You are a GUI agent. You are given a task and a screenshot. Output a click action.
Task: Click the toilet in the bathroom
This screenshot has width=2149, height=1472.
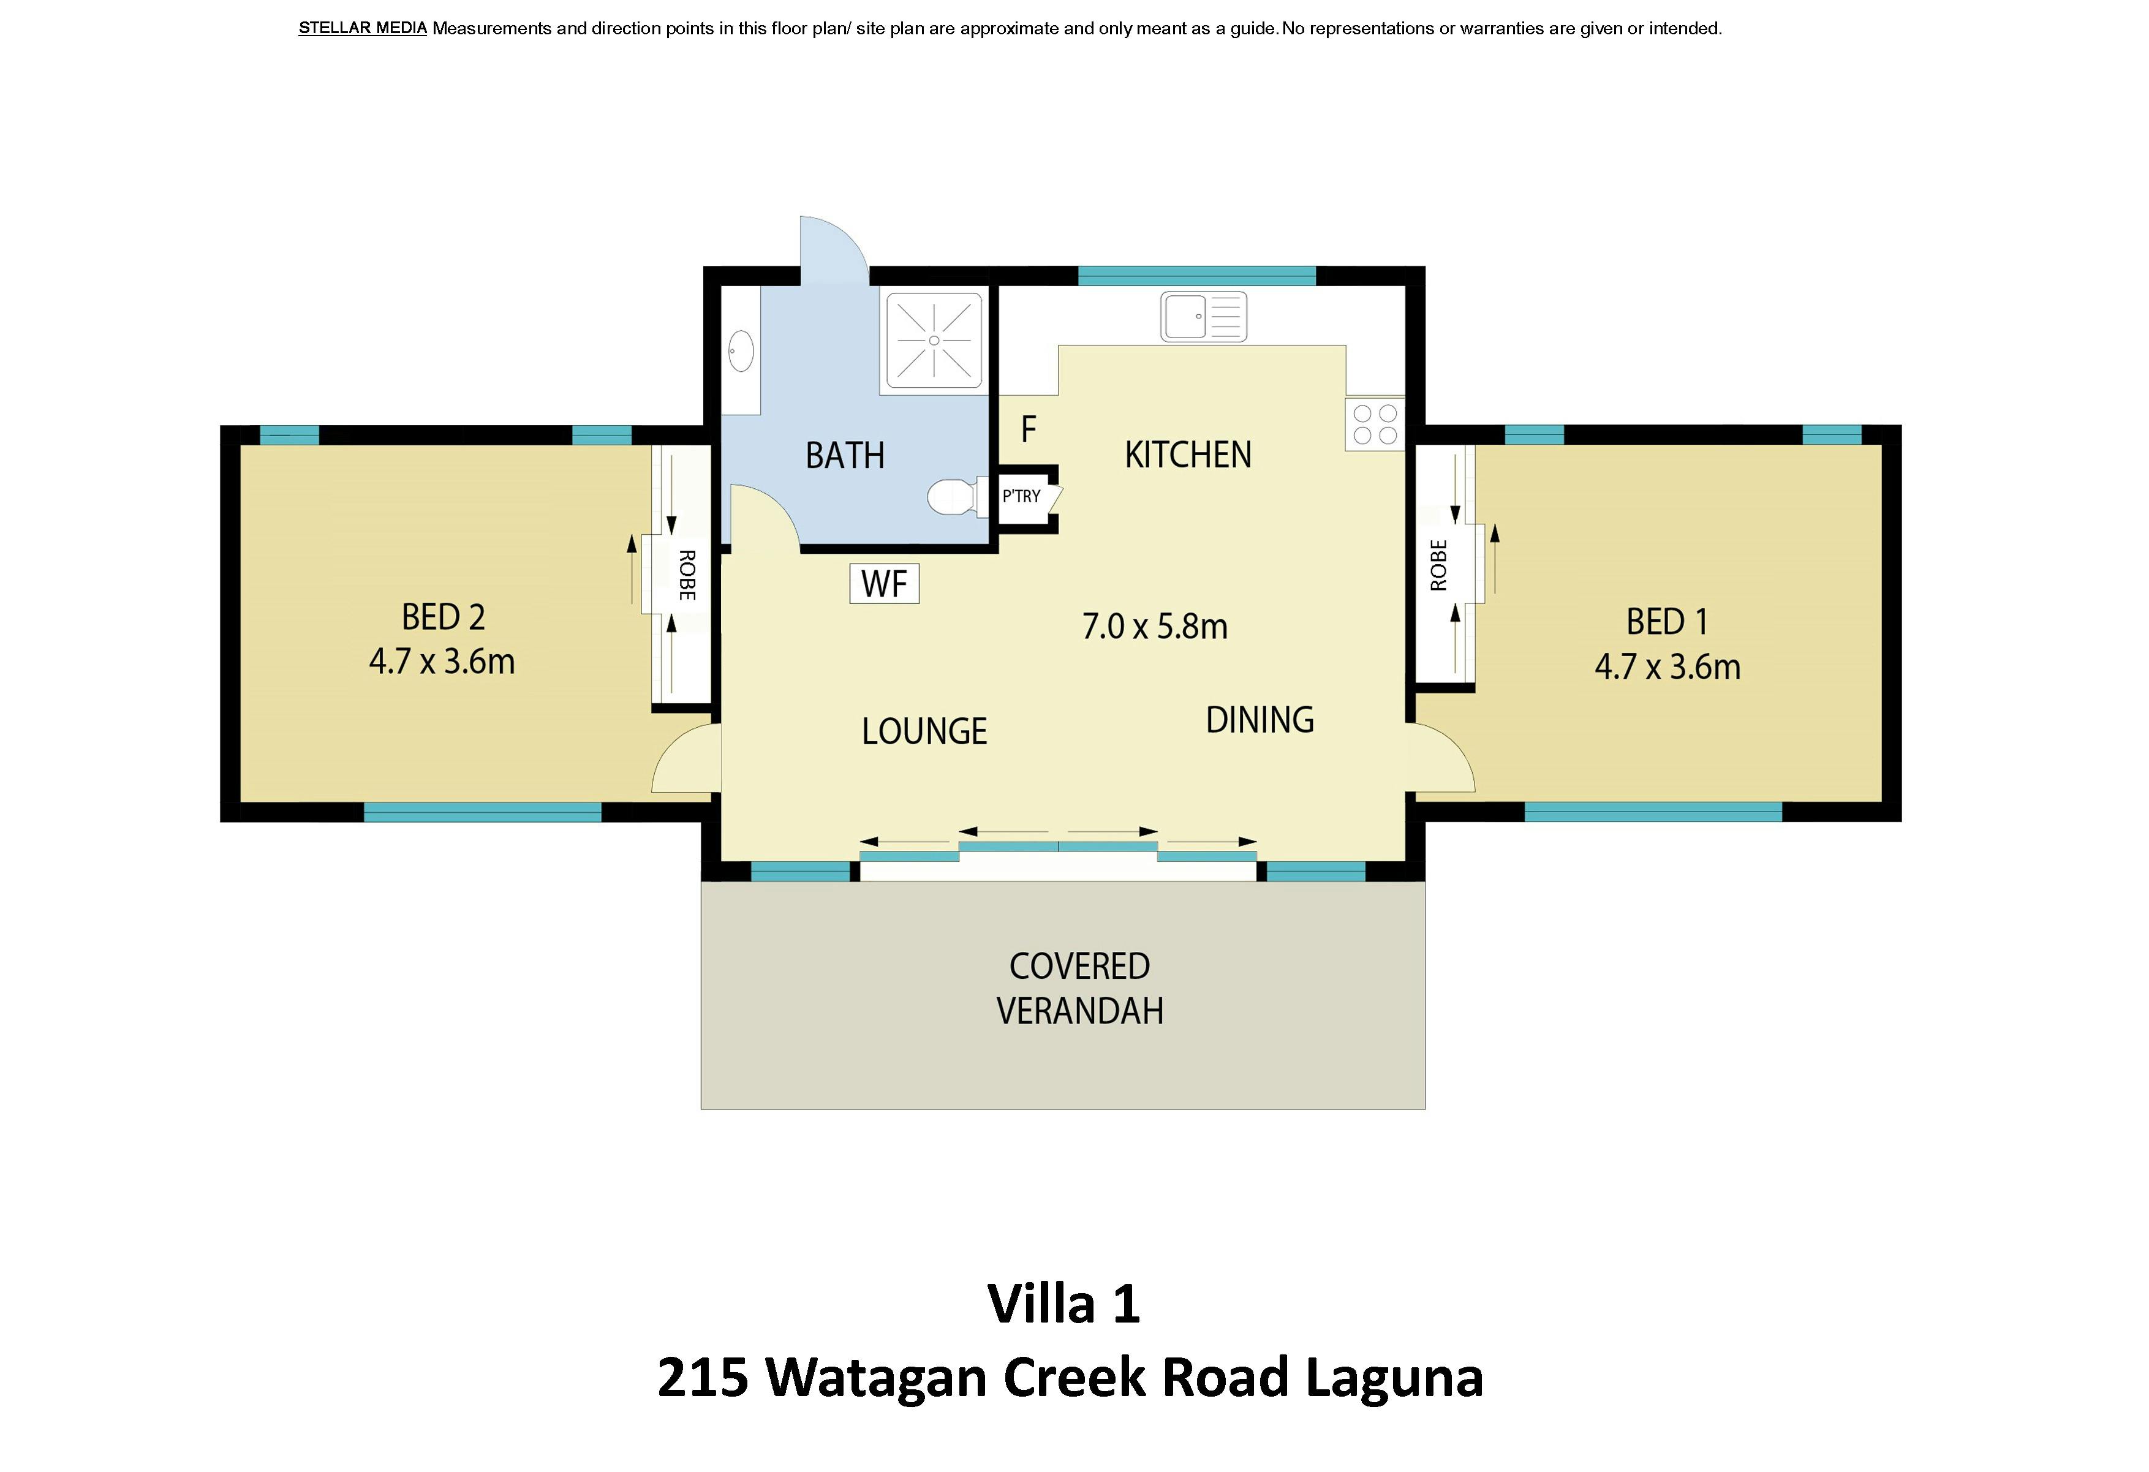(953, 497)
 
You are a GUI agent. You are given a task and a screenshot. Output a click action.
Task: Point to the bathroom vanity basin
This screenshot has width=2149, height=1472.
(741, 352)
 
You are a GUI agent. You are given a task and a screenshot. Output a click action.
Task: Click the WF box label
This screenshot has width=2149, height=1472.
(884, 584)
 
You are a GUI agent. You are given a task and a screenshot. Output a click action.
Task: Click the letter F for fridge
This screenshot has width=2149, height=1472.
(1029, 429)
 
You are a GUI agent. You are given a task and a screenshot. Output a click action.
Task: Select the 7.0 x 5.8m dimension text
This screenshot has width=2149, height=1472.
(1154, 627)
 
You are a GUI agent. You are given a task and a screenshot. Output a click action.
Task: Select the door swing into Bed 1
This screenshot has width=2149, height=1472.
(1440, 761)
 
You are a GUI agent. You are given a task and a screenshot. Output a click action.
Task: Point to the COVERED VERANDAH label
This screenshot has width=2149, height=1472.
(1079, 989)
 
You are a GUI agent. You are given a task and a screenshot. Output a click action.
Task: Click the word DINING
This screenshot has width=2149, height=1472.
(1260, 720)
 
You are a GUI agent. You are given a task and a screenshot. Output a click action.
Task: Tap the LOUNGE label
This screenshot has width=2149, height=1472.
(924, 731)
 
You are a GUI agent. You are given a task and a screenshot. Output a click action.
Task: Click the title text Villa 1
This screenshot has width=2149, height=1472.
(1063, 1303)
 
